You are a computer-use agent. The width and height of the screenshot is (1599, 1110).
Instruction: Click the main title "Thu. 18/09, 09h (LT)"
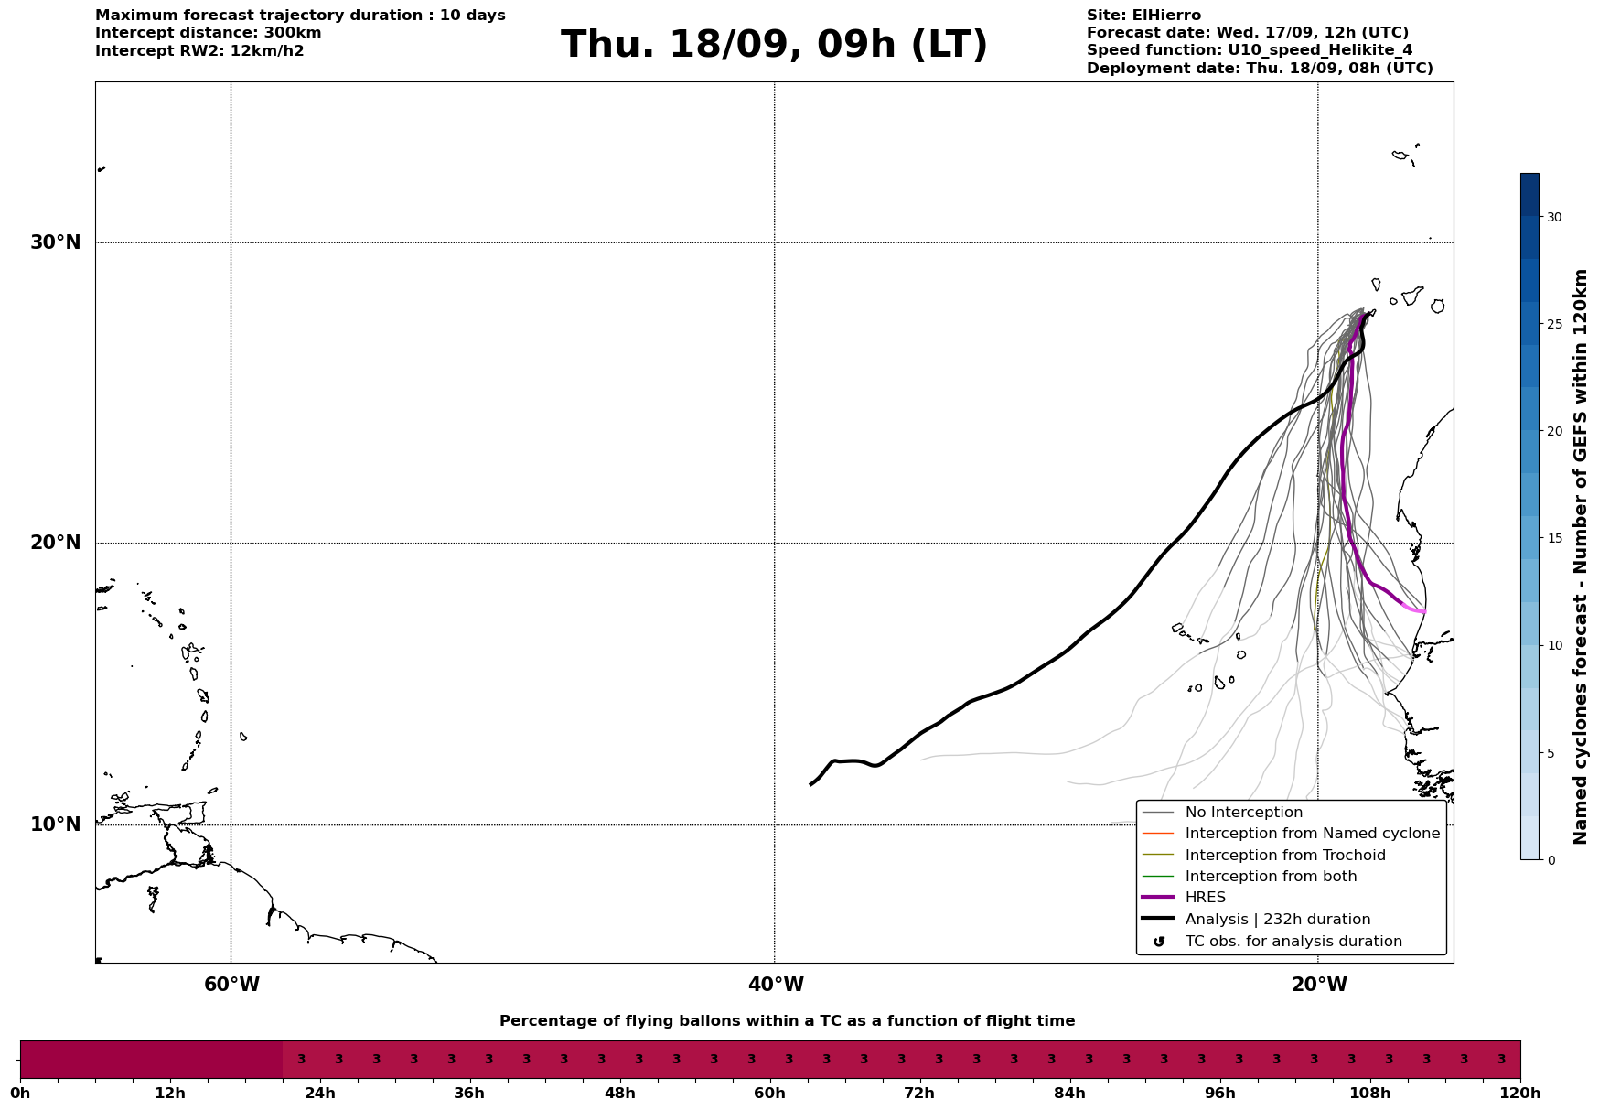click(774, 45)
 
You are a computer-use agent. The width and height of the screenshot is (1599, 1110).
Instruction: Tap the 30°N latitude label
click(55, 242)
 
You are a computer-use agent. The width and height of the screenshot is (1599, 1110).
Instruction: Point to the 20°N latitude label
click(55, 543)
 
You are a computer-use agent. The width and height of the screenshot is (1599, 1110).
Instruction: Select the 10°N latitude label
click(55, 824)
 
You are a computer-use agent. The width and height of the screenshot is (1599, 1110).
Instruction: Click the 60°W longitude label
click(231, 985)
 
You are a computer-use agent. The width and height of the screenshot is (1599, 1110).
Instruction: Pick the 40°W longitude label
click(776, 985)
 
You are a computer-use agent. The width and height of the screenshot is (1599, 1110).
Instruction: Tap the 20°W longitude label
click(1319, 985)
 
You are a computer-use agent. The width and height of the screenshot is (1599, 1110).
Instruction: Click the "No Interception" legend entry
click(1243, 813)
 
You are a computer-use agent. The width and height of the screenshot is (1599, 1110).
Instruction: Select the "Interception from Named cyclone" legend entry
click(1312, 834)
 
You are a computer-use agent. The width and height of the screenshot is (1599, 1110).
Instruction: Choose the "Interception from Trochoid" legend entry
click(1284, 856)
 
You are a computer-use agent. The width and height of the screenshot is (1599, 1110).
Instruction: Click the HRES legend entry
click(1205, 898)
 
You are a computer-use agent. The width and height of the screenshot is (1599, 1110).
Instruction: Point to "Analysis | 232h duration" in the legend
click(1277, 920)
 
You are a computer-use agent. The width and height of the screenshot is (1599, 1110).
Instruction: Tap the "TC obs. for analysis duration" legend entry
click(1293, 942)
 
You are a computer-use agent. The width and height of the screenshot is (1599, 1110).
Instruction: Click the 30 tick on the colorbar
click(1553, 217)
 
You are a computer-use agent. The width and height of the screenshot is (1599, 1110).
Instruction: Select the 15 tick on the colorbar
click(1553, 538)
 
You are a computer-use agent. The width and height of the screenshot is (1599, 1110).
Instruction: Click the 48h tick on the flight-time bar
click(619, 1094)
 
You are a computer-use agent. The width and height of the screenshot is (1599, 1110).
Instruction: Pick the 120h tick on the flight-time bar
click(1520, 1094)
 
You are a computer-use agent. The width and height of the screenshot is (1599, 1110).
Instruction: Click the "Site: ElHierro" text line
click(1143, 16)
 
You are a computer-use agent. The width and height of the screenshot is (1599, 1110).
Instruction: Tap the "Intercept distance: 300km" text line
click(208, 33)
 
